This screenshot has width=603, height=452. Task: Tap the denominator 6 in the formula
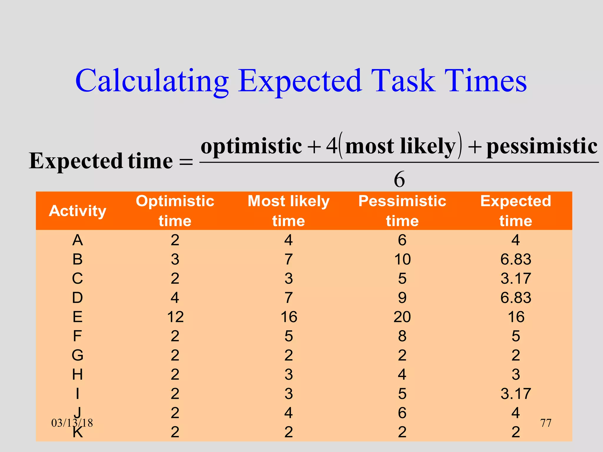[x=399, y=179]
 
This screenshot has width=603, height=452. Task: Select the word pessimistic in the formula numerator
[x=542, y=146]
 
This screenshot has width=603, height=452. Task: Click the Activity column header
[x=77, y=211]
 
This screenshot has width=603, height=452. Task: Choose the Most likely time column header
[x=289, y=211]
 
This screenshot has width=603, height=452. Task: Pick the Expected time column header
[x=516, y=211]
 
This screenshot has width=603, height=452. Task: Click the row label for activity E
[x=77, y=317]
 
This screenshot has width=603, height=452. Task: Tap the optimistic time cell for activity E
[x=175, y=317]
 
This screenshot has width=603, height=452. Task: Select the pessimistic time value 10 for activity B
[x=402, y=259]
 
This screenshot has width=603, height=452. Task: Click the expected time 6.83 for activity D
[x=516, y=298]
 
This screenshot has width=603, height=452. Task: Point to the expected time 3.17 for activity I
[x=516, y=394]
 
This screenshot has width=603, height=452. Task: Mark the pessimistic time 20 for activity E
[x=402, y=317]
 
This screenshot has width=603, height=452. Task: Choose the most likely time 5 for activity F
[x=289, y=336]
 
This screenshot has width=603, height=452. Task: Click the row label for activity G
[x=77, y=355]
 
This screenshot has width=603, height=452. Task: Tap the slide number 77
[x=546, y=423]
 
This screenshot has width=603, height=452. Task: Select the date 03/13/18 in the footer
[x=72, y=423]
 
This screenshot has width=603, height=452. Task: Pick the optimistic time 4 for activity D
[x=175, y=298]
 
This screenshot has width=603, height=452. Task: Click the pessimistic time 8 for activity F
[x=402, y=336]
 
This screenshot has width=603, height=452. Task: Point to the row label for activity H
[x=77, y=375]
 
